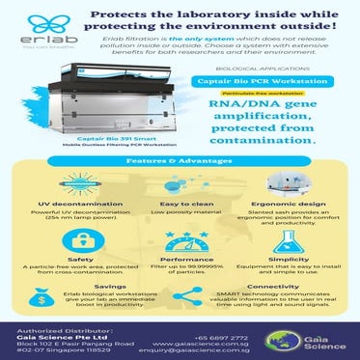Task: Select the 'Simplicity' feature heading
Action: pyautogui.click(x=295, y=259)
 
